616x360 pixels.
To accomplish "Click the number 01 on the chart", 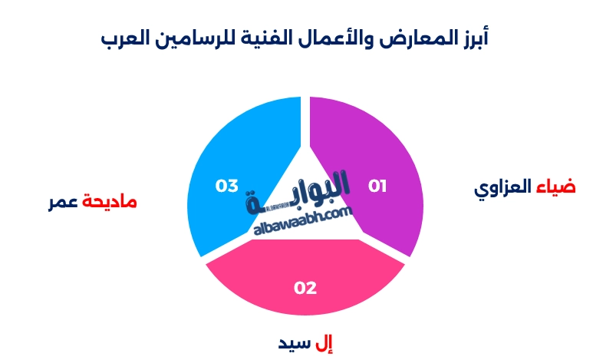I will click(x=377, y=186).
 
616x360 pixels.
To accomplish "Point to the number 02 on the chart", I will click(x=305, y=288).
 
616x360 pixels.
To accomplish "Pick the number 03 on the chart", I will click(x=227, y=186).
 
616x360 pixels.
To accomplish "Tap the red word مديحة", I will click(x=110, y=202).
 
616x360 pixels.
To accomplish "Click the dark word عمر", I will click(x=64, y=203).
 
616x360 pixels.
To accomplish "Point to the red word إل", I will click(x=326, y=342).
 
